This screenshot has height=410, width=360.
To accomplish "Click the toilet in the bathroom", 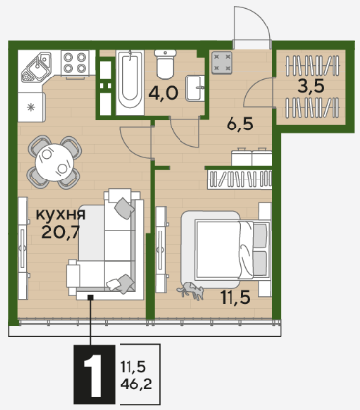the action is coord(165,64).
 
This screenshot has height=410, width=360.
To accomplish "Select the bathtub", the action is coord(130,82).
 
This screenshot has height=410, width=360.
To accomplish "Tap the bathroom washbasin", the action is coord(195,88).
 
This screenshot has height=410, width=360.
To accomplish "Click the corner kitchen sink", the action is coord(36,67).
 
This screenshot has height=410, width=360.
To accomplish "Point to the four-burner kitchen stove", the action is coord(75,63).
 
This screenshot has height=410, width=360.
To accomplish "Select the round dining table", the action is coord(55,163).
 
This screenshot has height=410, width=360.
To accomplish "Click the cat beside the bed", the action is coord(190,289).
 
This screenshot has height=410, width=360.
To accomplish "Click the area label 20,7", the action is coord(61,232).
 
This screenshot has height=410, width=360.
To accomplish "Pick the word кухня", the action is coord(61,214).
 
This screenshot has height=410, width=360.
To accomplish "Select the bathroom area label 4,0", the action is coord(163,93).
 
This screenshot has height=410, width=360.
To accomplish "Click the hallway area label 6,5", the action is coord(240,125).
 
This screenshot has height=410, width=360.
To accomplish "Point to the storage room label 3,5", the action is coord(311,86).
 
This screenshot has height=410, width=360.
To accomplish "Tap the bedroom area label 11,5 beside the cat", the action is coord(235,297).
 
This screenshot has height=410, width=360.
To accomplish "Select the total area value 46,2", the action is coord(136,384).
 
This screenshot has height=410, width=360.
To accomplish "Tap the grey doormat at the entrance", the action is coord(222,62).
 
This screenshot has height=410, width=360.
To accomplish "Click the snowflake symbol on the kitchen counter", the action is coord(31,107).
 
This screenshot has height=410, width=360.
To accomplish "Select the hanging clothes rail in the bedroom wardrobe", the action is coord(239,179).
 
